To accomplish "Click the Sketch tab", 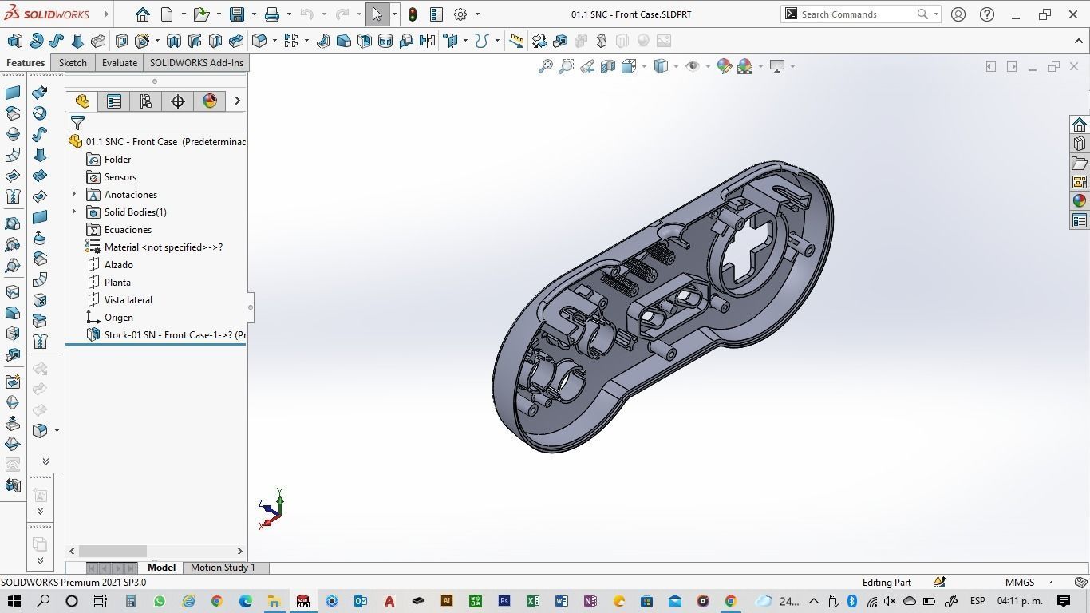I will (x=73, y=63).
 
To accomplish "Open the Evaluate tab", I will (x=119, y=63).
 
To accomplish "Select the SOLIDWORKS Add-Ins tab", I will (x=196, y=63).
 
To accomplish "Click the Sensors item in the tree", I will (x=120, y=177).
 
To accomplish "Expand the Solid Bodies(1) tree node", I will (x=74, y=212).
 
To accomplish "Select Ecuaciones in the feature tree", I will (x=127, y=230).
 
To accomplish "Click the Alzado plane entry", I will (x=118, y=265).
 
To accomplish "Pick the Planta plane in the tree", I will (x=117, y=283).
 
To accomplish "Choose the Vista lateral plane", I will (x=128, y=300).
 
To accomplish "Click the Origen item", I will (x=118, y=318).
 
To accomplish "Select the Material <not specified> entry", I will (x=163, y=247).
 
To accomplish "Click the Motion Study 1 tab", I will (x=223, y=568).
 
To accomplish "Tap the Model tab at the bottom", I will (x=161, y=568).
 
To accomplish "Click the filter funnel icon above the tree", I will (x=77, y=123).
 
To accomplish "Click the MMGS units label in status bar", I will (x=1019, y=583).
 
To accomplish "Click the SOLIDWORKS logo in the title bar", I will (x=48, y=14).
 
